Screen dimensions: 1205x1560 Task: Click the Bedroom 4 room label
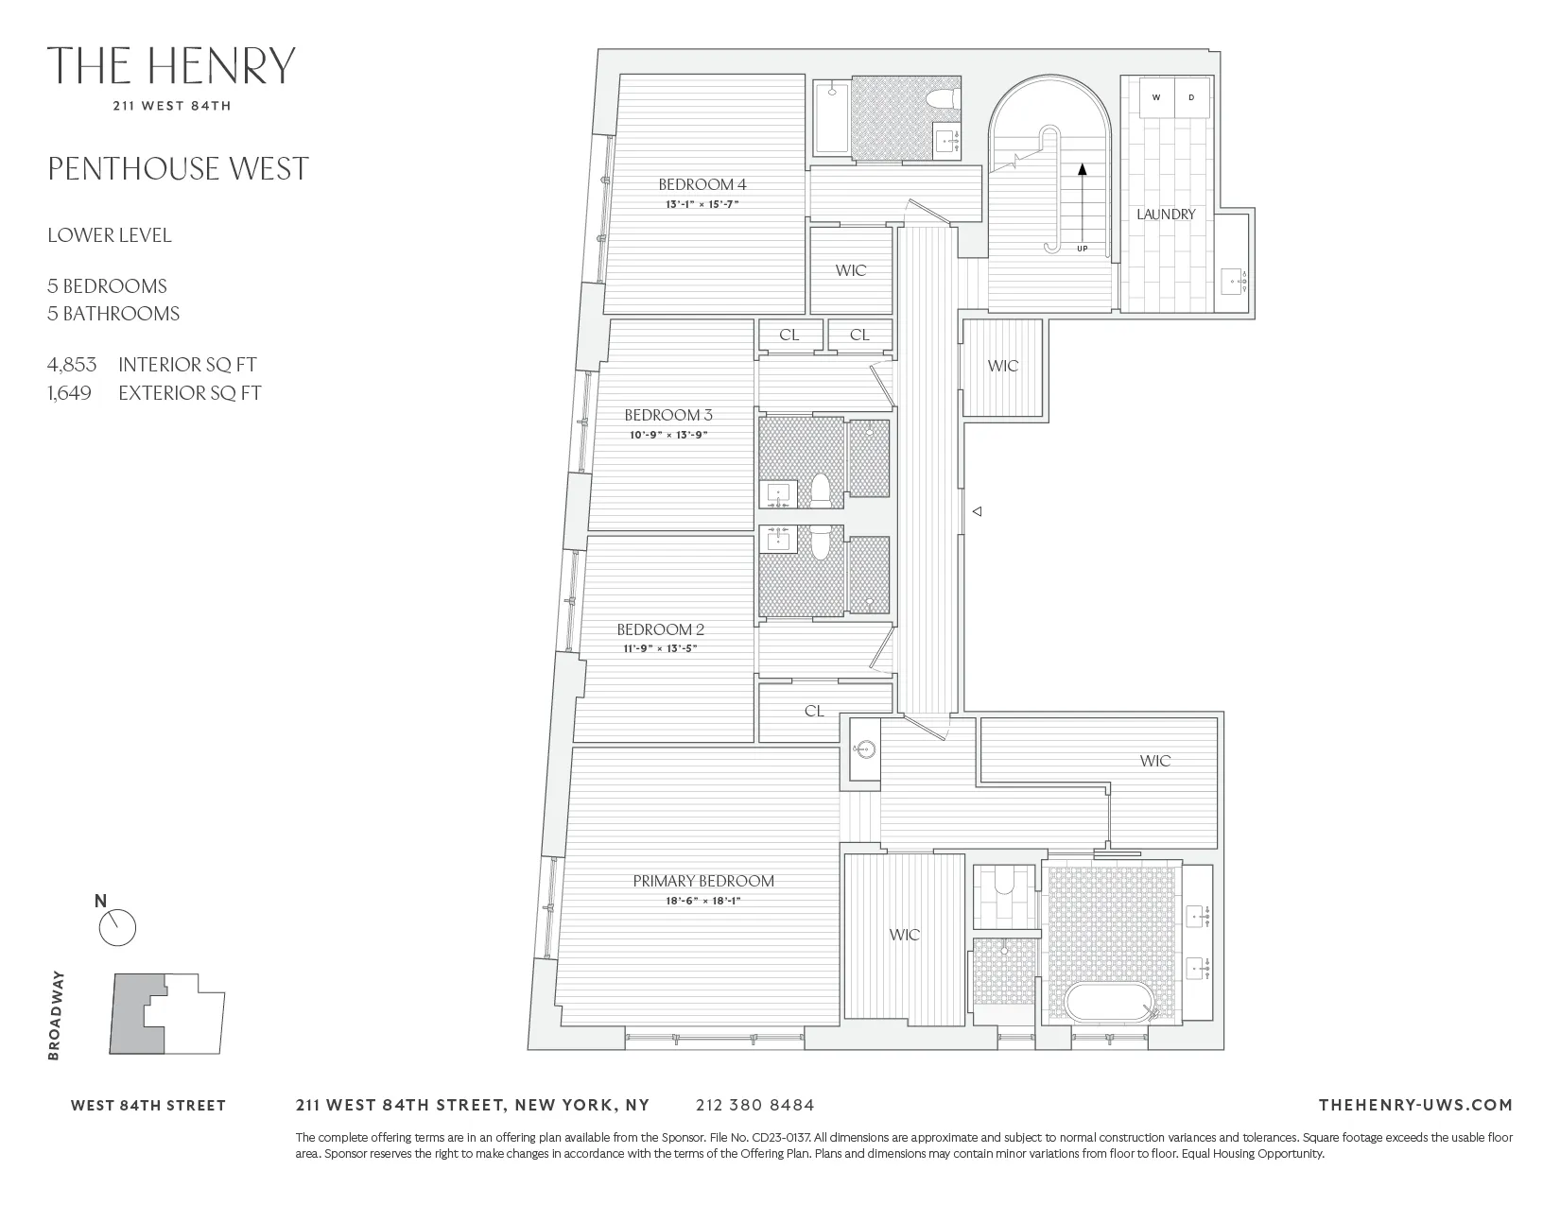(696, 184)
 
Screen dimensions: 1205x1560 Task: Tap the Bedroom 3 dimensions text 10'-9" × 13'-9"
(668, 435)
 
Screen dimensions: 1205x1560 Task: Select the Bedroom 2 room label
(660, 629)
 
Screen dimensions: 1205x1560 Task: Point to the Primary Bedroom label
(702, 881)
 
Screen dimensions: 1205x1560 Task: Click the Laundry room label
(1166, 215)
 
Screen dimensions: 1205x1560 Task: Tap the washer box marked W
(1155, 97)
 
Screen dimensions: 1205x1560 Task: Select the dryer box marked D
(1191, 97)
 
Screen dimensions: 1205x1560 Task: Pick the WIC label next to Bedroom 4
(851, 270)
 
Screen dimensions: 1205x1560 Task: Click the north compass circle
(118, 928)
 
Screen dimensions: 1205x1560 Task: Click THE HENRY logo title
(171, 65)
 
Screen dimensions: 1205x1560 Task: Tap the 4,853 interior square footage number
(72, 365)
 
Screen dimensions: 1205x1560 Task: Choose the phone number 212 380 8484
(754, 1105)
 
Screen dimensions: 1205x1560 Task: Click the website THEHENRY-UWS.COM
(1414, 1105)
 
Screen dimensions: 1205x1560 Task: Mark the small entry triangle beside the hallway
(979, 511)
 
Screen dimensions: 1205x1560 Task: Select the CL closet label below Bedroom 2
(814, 711)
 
